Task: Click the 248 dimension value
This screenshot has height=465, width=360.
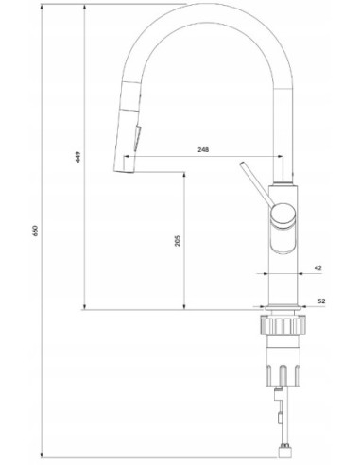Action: (203, 149)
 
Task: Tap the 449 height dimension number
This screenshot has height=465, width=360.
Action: (78, 157)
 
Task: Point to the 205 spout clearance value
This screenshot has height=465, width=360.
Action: (178, 240)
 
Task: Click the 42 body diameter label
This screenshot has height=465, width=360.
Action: (318, 267)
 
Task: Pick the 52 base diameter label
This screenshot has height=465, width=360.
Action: (321, 301)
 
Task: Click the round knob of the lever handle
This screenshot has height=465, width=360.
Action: (283, 215)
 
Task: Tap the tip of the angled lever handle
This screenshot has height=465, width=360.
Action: (242, 164)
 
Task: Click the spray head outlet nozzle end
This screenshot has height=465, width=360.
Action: (124, 170)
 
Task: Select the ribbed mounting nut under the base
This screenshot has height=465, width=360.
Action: (283, 325)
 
